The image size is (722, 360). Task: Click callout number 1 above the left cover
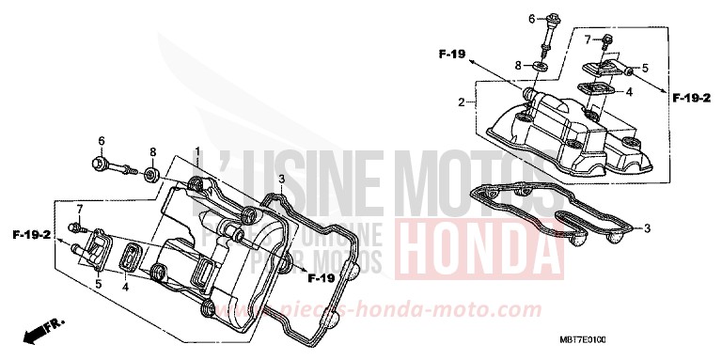198,150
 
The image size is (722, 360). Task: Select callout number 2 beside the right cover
462,101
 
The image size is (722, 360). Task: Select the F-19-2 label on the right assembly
691,96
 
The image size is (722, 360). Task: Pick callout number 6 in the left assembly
101,141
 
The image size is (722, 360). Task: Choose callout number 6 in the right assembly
530,18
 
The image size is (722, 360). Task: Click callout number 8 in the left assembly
152,151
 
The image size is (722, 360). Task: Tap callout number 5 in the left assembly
98,283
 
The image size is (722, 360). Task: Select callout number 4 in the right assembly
630,92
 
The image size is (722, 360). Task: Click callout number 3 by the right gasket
647,228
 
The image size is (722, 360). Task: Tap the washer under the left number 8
150,173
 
